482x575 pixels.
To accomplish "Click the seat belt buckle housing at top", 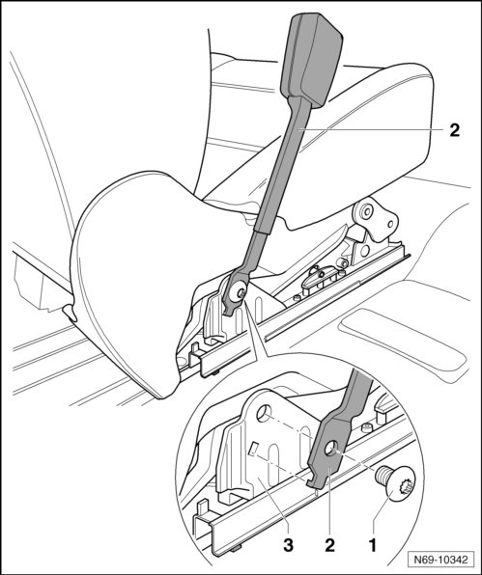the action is pos(311,60).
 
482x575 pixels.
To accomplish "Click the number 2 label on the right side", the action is pos(454,130).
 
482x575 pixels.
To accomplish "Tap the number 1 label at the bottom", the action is pos(373,546).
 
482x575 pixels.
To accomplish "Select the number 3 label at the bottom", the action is pos(288,546).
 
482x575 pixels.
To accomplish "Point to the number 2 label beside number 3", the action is pos(329,546).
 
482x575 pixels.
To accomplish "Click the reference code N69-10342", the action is pos(440,560).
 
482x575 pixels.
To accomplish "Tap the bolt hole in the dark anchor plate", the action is pos(332,448).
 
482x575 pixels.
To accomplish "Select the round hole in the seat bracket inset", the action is pos(264,413).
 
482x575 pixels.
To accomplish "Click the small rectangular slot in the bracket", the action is pos(252,449).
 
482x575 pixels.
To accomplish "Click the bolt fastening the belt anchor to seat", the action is pos(241,292).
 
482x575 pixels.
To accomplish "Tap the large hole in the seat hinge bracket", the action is pos(366,210).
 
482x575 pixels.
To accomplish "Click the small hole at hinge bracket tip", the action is pos(390,224).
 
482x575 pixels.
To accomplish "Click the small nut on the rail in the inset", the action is pos(367,428).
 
